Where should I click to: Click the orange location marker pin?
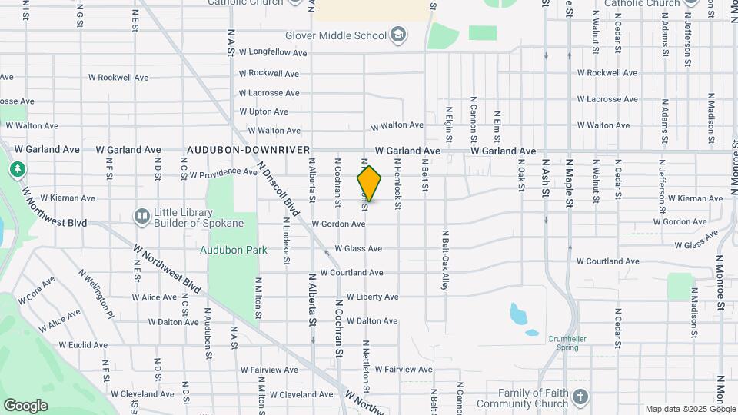pos(369,184)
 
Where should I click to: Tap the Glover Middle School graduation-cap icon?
pos(399,35)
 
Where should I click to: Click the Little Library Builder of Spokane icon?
pos(141,217)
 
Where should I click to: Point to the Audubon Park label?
pos(234,250)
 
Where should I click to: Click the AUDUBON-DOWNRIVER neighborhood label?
pos(248,151)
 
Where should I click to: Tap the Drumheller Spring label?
pos(568,343)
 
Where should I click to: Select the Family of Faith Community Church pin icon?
pos(580,397)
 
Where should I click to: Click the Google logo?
pos(25,405)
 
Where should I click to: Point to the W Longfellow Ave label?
pos(273,53)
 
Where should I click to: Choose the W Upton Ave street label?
pos(264,112)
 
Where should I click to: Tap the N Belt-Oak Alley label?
pos(444,259)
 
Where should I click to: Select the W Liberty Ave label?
pos(373,297)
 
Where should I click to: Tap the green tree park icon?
pos(16,168)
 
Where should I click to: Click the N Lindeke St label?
pos(285,241)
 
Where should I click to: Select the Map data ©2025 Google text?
pos(690,409)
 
